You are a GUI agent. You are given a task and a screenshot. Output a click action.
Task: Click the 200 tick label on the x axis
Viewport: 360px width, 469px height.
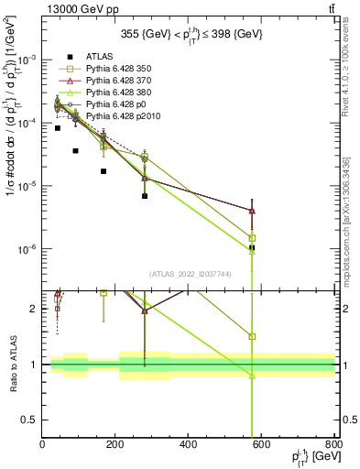(115, 445)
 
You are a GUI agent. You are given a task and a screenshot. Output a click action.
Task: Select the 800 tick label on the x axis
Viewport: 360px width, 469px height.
(334, 445)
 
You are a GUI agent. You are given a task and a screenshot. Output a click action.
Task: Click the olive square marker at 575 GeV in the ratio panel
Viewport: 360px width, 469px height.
(252, 336)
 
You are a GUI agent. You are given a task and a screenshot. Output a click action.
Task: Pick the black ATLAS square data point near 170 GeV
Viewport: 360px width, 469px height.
(104, 171)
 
